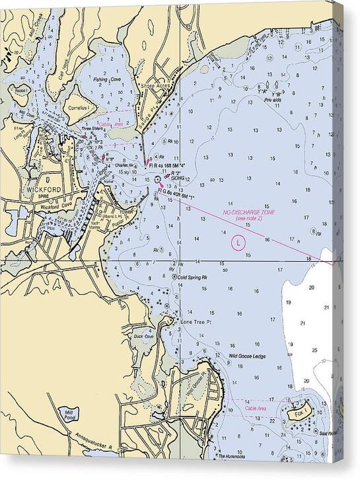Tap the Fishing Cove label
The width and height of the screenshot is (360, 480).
click(107, 80)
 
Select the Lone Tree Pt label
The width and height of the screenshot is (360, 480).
click(196, 322)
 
